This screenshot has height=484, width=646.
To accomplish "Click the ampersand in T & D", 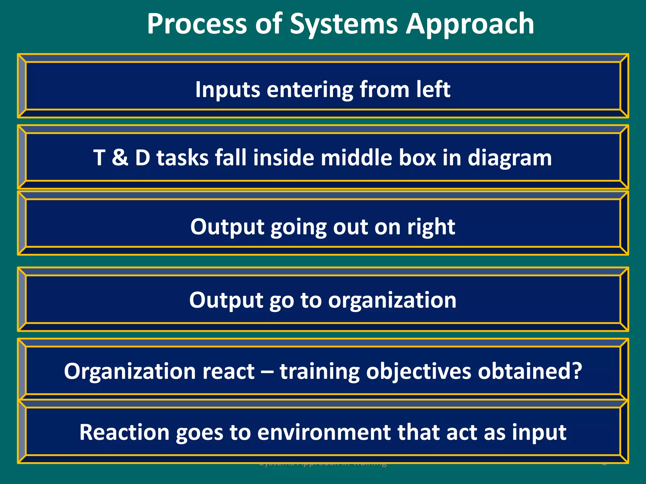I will (x=120, y=158).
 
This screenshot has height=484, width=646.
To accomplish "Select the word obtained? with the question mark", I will (x=530, y=371).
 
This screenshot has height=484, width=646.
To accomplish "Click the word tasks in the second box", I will (x=183, y=158).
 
